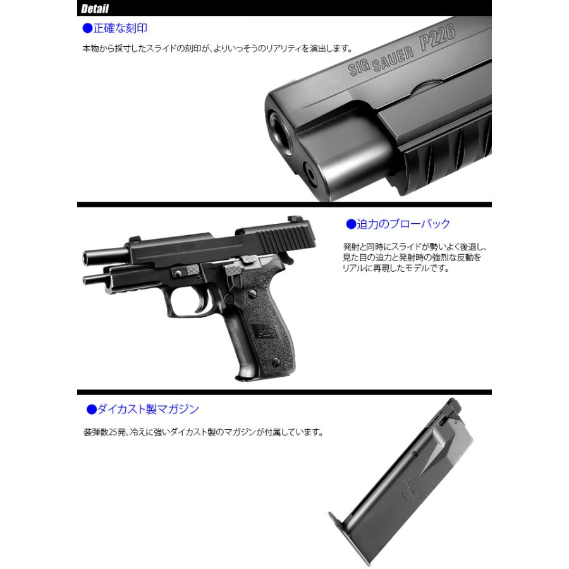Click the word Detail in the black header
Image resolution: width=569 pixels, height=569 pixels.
pos(95,9)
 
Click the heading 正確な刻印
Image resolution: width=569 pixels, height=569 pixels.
pos(120,28)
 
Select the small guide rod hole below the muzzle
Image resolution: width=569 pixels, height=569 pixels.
pos(310,170)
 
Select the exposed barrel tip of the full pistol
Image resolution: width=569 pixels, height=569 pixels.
pos(90,257)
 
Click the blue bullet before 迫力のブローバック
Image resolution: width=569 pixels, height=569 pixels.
pos(352,224)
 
